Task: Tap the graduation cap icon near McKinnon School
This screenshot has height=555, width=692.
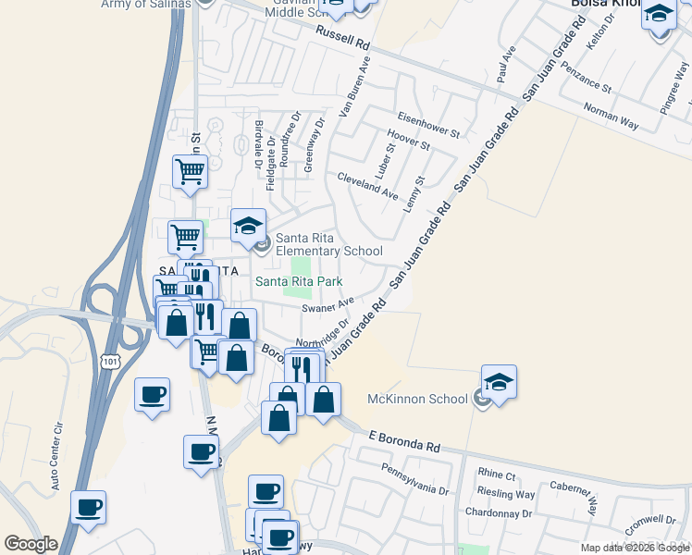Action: point(499,382)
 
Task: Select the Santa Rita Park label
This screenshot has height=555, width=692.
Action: point(299,281)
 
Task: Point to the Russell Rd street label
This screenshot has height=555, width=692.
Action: point(342,38)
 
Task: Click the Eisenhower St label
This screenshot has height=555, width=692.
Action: point(428,125)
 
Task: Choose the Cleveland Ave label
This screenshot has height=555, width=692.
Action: point(367,185)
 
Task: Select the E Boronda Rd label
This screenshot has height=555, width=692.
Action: point(403,440)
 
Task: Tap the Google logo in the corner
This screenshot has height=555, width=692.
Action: point(31,544)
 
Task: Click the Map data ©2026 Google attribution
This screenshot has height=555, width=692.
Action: point(635,548)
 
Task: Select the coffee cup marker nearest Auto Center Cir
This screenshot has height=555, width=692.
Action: point(89,507)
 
